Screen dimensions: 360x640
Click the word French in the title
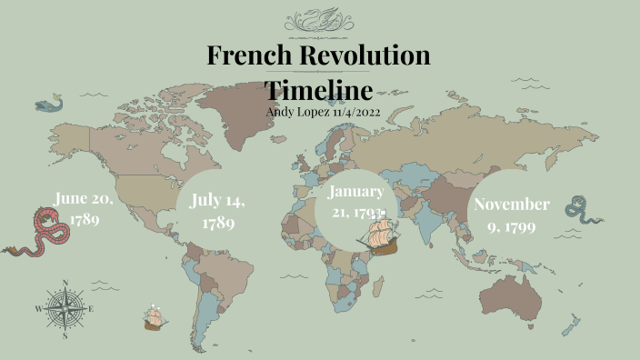coord(241,55)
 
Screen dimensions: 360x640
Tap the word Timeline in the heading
coord(318,90)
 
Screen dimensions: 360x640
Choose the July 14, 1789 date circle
coord(218,211)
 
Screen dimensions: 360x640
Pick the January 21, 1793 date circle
coord(357,202)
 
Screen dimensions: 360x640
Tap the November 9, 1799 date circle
coord(511,215)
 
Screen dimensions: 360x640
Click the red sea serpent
coord(41,232)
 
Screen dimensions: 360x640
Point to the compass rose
coord(65,308)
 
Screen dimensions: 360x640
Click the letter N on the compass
coord(65,283)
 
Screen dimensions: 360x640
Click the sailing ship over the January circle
coord(379,233)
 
